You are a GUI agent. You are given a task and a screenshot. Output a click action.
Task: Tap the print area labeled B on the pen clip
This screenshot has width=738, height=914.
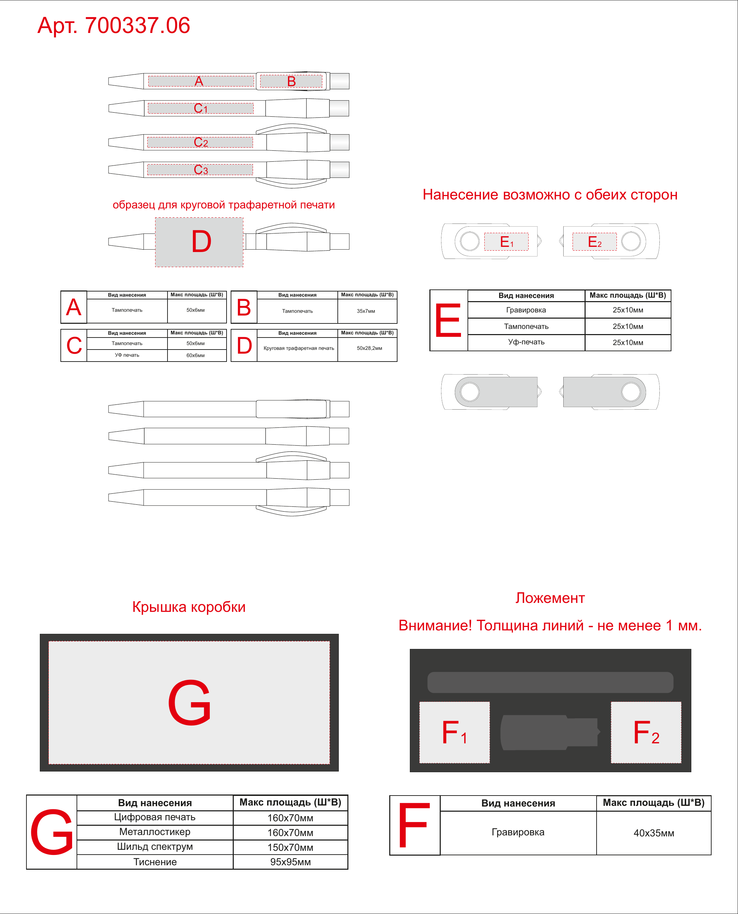(291, 81)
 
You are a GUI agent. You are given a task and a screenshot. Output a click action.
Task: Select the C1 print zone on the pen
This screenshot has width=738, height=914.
(201, 108)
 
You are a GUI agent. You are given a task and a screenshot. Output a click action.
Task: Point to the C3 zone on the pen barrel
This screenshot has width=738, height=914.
(200, 170)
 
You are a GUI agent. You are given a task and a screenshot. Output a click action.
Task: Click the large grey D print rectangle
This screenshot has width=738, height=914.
(199, 242)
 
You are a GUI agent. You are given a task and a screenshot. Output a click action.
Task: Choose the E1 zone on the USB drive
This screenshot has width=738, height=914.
(506, 241)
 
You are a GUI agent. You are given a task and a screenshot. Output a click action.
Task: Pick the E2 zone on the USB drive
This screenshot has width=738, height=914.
(594, 241)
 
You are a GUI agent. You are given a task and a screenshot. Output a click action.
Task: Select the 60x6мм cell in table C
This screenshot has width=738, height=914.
(196, 355)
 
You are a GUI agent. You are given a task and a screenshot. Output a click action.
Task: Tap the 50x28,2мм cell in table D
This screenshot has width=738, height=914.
(369, 348)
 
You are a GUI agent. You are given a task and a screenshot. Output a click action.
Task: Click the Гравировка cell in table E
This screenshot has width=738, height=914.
(526, 310)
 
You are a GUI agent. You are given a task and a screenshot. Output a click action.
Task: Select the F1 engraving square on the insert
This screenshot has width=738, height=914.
(454, 732)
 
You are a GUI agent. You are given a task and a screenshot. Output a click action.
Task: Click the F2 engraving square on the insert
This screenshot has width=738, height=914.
(646, 732)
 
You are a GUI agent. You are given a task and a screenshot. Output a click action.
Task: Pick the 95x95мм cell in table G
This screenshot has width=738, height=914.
(290, 862)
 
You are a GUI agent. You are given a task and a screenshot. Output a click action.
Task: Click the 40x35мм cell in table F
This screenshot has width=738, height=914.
(654, 833)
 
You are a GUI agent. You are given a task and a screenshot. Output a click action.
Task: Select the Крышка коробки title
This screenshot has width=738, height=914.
(189, 607)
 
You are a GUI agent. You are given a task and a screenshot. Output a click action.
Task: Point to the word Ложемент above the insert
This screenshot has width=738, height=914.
(550, 598)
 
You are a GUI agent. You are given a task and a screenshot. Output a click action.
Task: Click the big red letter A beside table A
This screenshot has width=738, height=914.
(73, 307)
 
